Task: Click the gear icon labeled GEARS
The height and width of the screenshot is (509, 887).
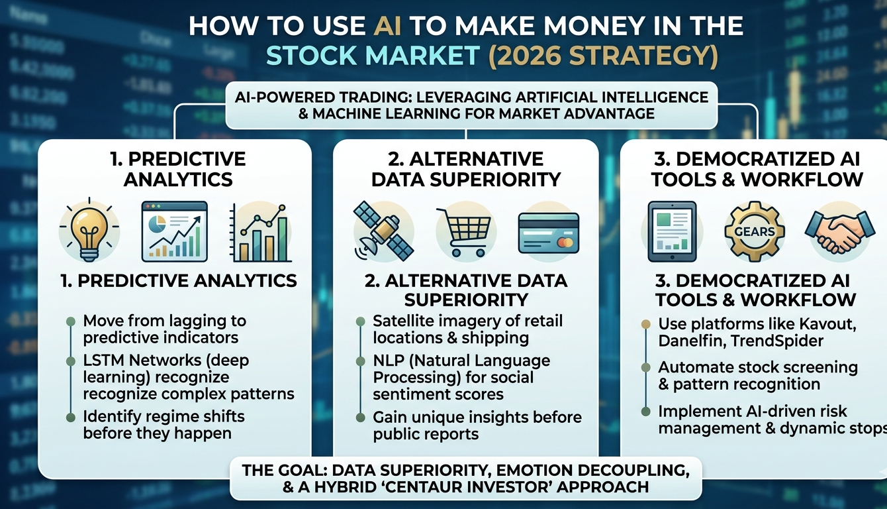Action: pyautogui.click(x=754, y=232)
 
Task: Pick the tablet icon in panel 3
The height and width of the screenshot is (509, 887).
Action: pyautogui.click(x=672, y=232)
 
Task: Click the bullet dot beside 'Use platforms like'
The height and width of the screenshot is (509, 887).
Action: pyautogui.click(x=646, y=325)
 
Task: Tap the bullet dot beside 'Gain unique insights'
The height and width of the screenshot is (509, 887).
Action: pyautogui.click(x=361, y=418)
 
